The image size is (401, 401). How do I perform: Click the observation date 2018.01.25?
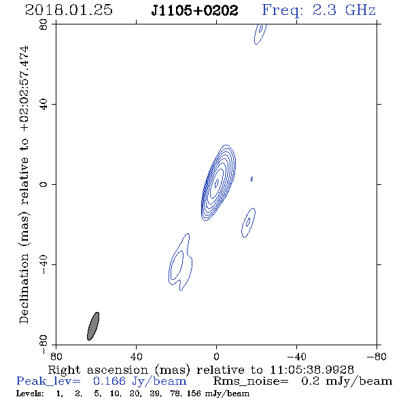point(69,10)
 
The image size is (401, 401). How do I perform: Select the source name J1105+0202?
point(194,11)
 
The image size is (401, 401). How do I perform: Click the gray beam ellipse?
point(93,326)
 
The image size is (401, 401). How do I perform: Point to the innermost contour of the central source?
point(217,183)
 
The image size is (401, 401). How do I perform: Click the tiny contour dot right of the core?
point(251,179)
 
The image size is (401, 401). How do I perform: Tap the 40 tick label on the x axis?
point(136,356)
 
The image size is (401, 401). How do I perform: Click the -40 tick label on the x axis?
point(296,356)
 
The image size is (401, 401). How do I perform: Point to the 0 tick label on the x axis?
point(216,356)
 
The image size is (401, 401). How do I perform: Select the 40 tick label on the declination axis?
point(43,105)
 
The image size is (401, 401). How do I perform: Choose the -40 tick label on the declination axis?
point(43,264)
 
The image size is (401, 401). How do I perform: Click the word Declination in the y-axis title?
point(24,288)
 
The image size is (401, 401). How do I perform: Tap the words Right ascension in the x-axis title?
point(98,370)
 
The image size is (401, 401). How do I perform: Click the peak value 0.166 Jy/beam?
point(140,381)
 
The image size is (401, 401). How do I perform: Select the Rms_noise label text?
point(251,381)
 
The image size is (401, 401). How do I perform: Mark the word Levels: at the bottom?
point(30,393)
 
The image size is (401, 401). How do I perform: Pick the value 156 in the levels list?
point(194,393)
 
